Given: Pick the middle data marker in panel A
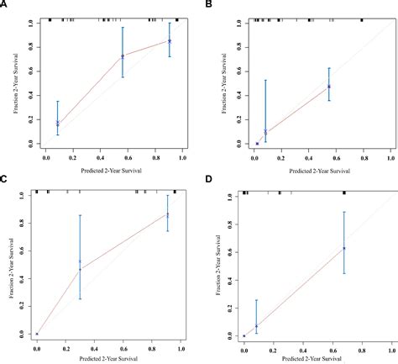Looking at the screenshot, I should (x=123, y=56).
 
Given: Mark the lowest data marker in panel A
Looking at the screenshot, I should (x=58, y=124).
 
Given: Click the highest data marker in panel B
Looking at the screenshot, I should (x=329, y=86).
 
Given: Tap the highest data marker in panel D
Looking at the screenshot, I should (x=344, y=248).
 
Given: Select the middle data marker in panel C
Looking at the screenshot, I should (x=81, y=262).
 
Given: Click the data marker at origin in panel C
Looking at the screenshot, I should (x=37, y=334).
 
